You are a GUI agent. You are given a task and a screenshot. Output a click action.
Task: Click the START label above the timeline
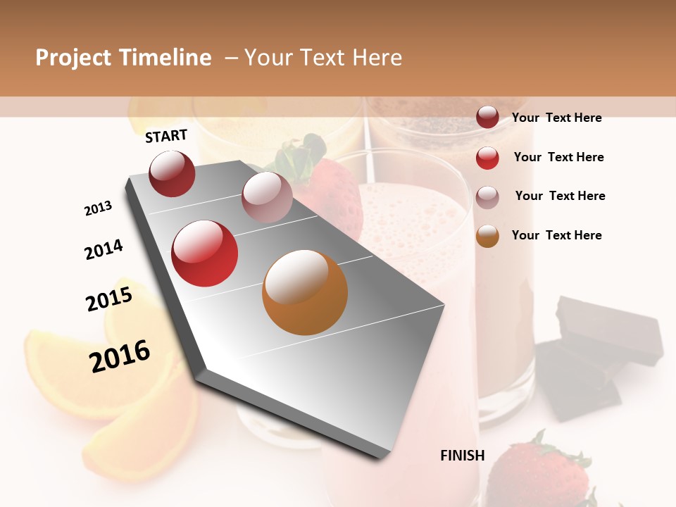pos(166,136)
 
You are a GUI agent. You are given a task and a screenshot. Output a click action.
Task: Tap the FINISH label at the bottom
pos(463,456)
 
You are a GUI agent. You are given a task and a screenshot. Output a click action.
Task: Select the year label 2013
pos(98,208)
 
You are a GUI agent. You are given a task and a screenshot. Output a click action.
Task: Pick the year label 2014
pos(104,249)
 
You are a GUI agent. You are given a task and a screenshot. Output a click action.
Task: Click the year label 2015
pos(109,299)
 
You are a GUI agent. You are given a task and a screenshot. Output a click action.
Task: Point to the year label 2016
pos(120,356)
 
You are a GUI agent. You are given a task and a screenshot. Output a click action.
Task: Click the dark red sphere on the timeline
pos(172,173)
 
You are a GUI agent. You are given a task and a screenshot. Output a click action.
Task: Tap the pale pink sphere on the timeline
pos(267,196)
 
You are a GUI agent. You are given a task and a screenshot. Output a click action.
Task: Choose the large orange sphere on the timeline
pos(305,292)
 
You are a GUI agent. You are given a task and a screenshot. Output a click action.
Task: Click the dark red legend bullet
pos(487,118)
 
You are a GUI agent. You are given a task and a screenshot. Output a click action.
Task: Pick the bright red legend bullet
pos(487,158)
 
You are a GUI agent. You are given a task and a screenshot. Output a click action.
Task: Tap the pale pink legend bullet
pos(487,196)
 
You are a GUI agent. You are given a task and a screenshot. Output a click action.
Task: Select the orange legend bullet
pos(487,236)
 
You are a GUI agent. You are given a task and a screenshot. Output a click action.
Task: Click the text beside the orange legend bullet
pos(556,235)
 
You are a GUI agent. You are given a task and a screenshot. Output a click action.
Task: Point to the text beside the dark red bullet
pos(556,118)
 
